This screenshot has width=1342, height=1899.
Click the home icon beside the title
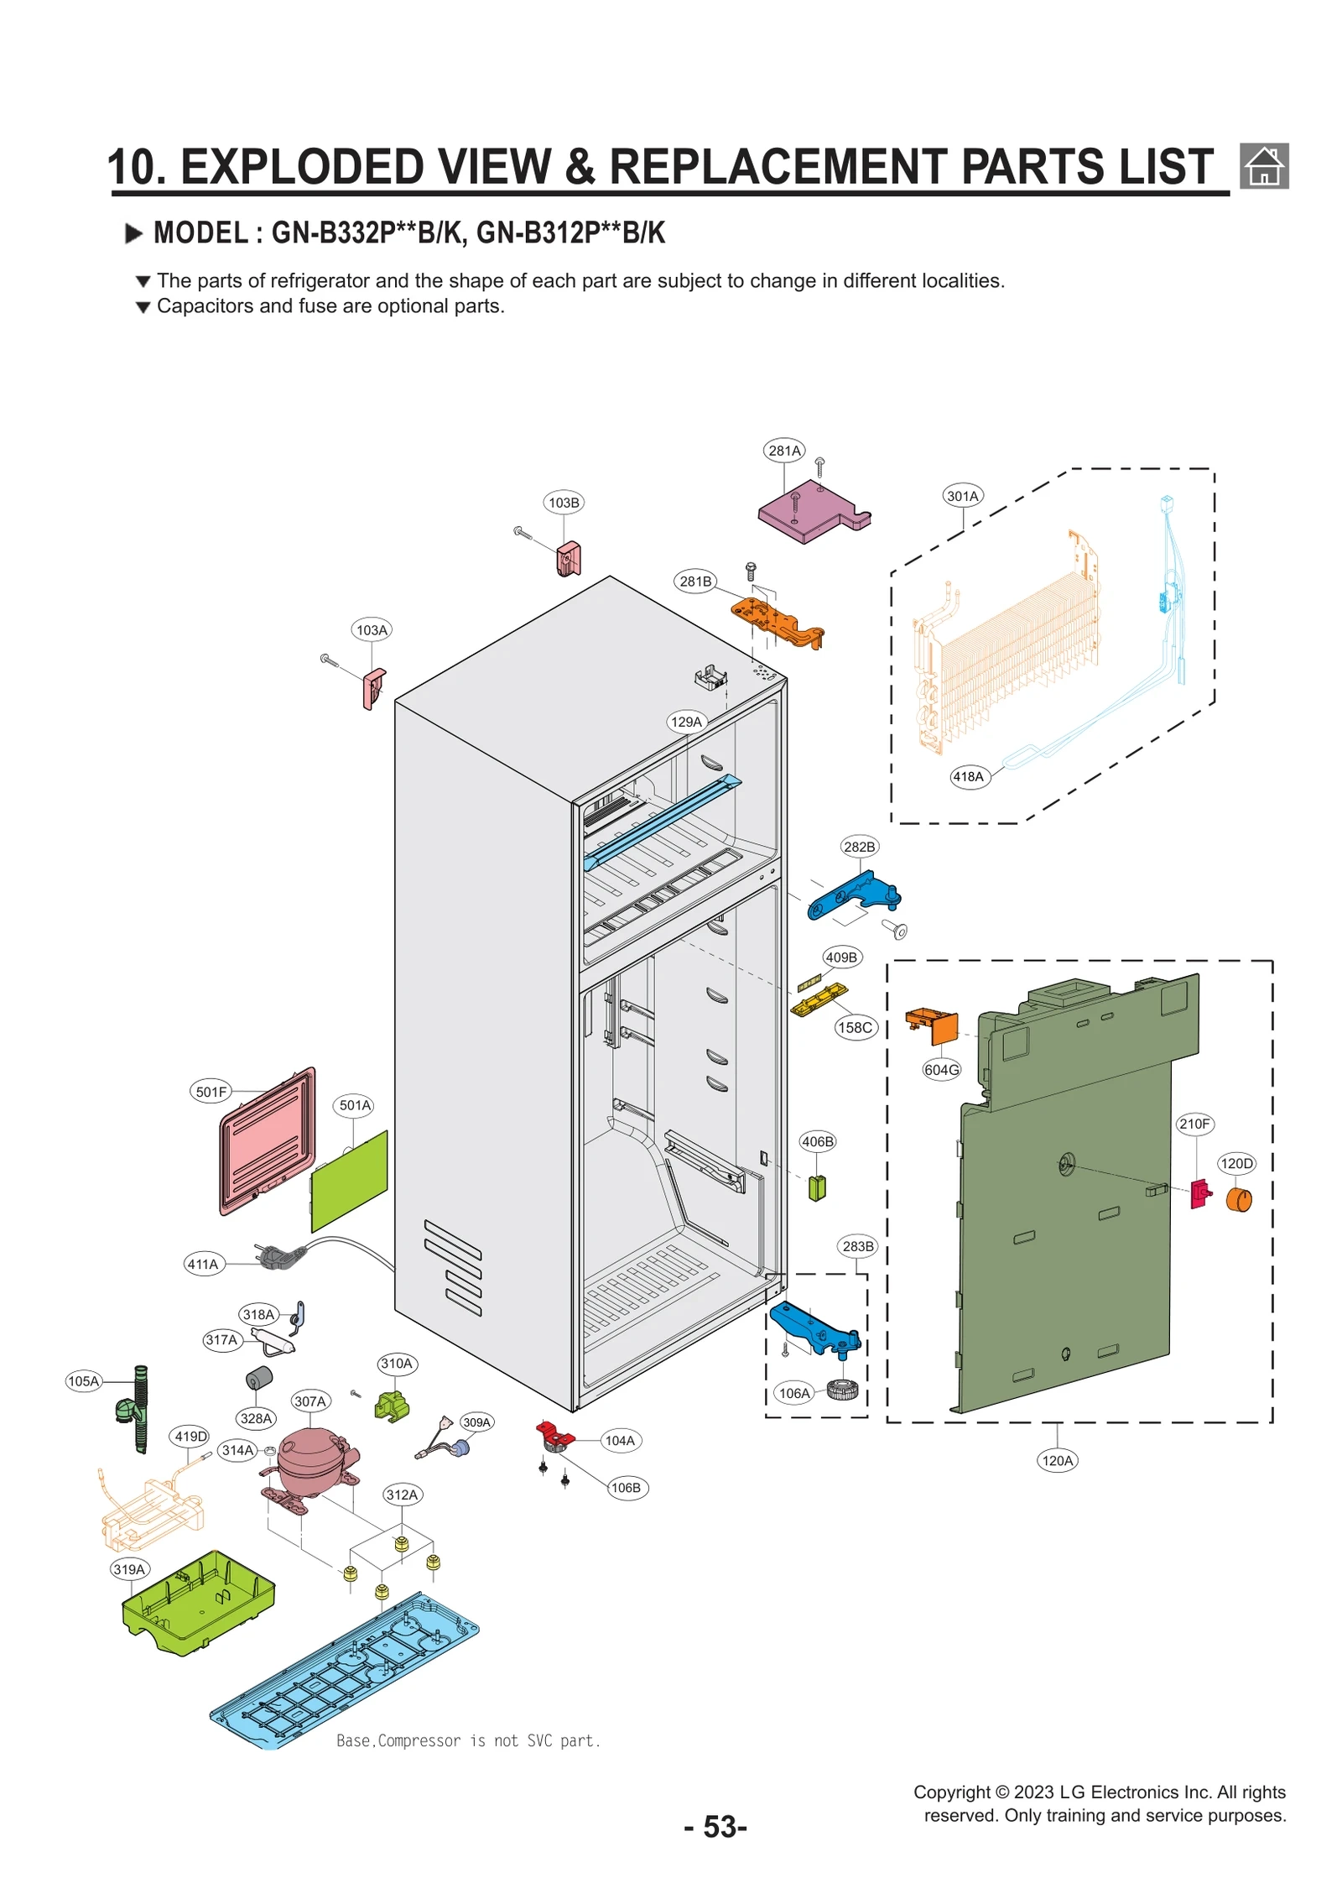point(1263,165)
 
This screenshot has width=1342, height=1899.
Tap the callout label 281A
point(784,451)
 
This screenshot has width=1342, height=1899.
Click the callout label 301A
point(962,496)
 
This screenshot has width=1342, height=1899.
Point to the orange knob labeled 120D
point(1238,1200)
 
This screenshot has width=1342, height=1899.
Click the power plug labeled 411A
point(281,1256)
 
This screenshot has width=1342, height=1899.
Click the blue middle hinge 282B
point(854,895)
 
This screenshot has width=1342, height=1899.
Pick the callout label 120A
point(1057,1461)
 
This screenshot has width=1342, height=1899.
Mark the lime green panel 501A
point(350,1181)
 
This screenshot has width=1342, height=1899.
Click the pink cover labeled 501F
point(268,1141)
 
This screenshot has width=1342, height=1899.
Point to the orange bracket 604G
point(933,1025)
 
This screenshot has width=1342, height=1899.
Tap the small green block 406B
point(817,1188)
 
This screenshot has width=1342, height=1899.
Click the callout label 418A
point(968,777)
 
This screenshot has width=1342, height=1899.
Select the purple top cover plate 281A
point(809,512)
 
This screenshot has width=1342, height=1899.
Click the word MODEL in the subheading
point(200,233)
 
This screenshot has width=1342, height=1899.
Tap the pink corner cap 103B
point(569,558)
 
